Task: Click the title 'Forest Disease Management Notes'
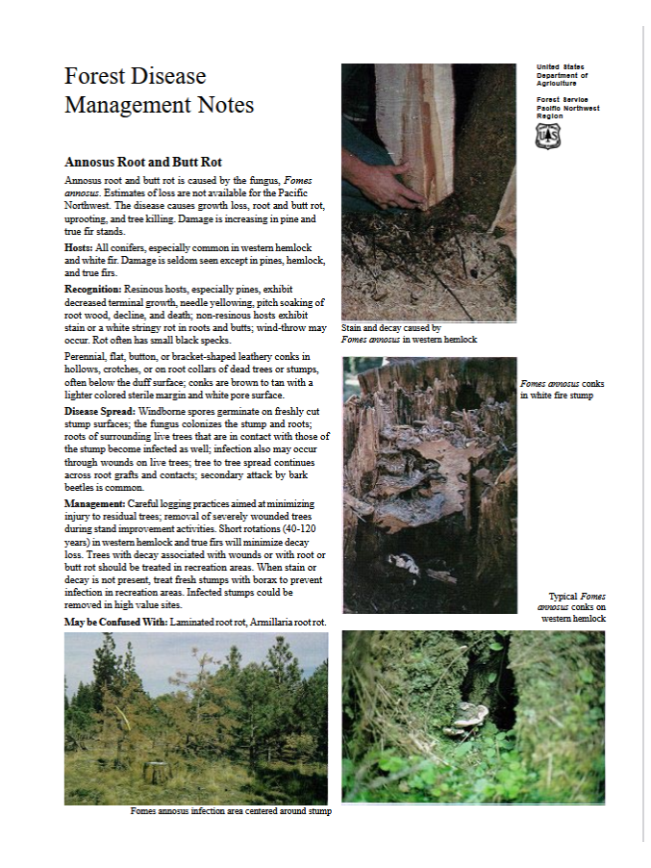point(159,90)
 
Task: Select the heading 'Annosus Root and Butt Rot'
point(143,162)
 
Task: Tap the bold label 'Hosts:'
point(79,247)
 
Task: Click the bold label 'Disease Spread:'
point(100,411)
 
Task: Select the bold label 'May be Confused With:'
point(115,622)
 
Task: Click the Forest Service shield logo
point(547,137)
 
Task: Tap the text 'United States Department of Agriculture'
point(563,75)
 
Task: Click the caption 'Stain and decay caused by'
point(391,328)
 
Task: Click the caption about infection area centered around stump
point(231,811)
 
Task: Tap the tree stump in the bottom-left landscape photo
point(154,771)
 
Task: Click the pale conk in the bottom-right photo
point(469,715)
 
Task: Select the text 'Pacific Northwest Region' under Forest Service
point(567,112)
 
